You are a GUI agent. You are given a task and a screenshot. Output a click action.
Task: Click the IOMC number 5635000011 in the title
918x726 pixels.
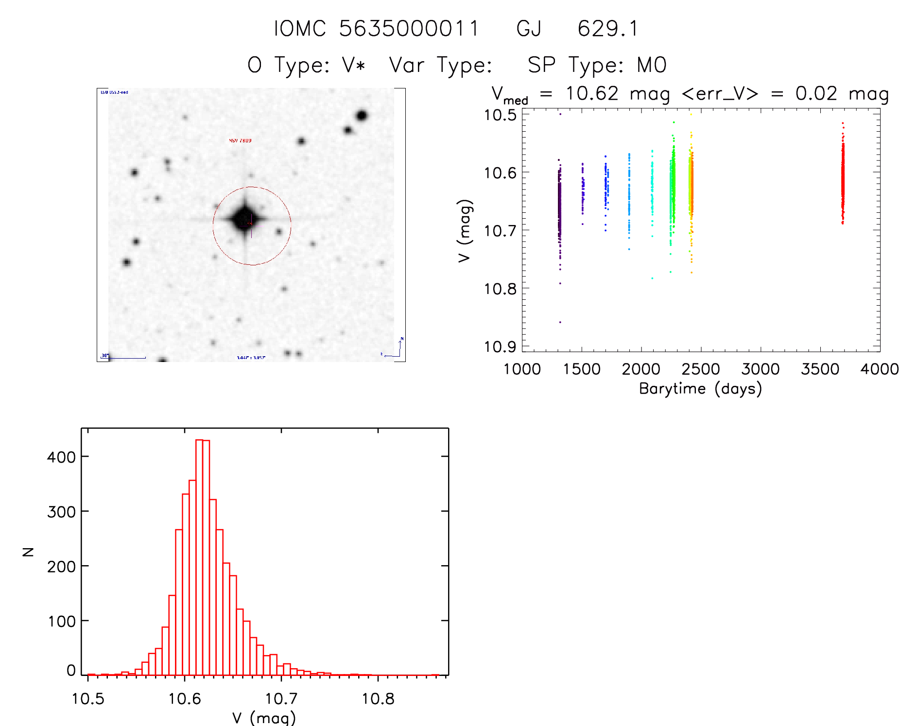coord(409,29)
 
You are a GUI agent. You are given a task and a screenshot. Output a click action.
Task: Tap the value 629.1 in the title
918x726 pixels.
coord(607,29)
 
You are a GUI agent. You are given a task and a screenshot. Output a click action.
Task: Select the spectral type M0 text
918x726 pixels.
coord(652,65)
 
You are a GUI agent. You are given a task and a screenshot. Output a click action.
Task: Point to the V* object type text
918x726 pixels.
coord(354,65)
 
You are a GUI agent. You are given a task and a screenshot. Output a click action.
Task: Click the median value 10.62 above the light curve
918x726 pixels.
coord(592,93)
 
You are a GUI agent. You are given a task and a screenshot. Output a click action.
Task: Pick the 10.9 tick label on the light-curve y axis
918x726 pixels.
coord(500,346)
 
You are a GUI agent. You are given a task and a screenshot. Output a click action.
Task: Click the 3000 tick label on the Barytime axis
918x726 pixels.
coord(760,369)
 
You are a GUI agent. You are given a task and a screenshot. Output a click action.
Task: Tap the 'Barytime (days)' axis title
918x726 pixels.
coord(700,389)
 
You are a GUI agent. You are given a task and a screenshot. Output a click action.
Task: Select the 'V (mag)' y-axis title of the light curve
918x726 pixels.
coord(465,231)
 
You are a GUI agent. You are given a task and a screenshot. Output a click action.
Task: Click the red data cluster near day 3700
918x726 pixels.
coord(843,180)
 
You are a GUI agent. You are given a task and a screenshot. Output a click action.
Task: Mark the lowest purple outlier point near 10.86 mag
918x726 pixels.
coord(560,322)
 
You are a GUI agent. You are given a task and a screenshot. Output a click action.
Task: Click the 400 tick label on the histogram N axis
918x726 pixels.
coord(61,457)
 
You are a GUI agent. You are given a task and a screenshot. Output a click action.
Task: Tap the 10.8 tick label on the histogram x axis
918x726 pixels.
coord(378,699)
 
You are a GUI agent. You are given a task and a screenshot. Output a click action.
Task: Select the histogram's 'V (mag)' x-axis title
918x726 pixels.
coord(264,718)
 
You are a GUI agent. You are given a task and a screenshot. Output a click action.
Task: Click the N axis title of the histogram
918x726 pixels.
coord(28,552)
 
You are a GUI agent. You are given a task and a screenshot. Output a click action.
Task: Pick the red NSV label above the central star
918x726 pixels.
coord(240,140)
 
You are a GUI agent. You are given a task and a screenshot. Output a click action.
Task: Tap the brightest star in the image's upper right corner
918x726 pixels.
coord(361,116)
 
